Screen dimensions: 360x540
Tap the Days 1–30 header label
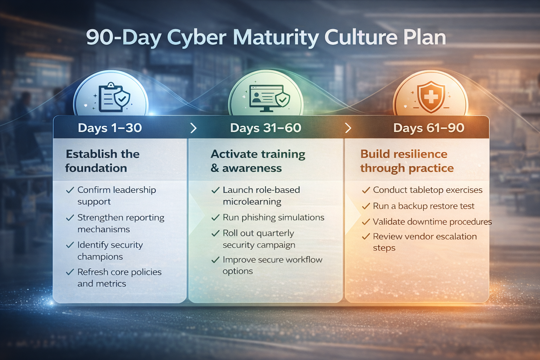110,128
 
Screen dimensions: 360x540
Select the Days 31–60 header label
265,128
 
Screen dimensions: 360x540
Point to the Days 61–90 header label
429,128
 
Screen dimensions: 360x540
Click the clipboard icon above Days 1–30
112,98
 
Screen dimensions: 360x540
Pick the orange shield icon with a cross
431,96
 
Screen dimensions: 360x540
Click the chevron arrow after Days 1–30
193,128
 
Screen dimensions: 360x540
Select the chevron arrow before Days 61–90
348,128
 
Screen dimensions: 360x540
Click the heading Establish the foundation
102,161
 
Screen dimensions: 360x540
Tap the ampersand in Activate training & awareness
215,168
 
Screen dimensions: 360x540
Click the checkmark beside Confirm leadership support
70,190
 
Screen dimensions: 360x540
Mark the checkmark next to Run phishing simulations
215,218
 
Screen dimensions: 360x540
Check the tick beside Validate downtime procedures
366,222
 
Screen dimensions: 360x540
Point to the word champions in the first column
100,257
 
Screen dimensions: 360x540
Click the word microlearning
252,202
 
